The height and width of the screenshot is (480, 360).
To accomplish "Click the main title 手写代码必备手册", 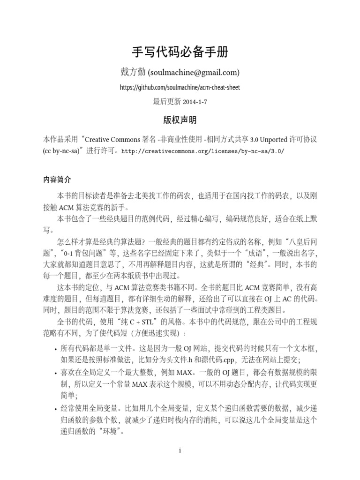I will click(180, 52).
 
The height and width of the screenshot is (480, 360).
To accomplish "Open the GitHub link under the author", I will click(180, 88).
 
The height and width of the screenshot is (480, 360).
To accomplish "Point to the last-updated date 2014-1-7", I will click(195, 101).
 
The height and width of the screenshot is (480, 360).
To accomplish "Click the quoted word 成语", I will click(240, 254).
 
